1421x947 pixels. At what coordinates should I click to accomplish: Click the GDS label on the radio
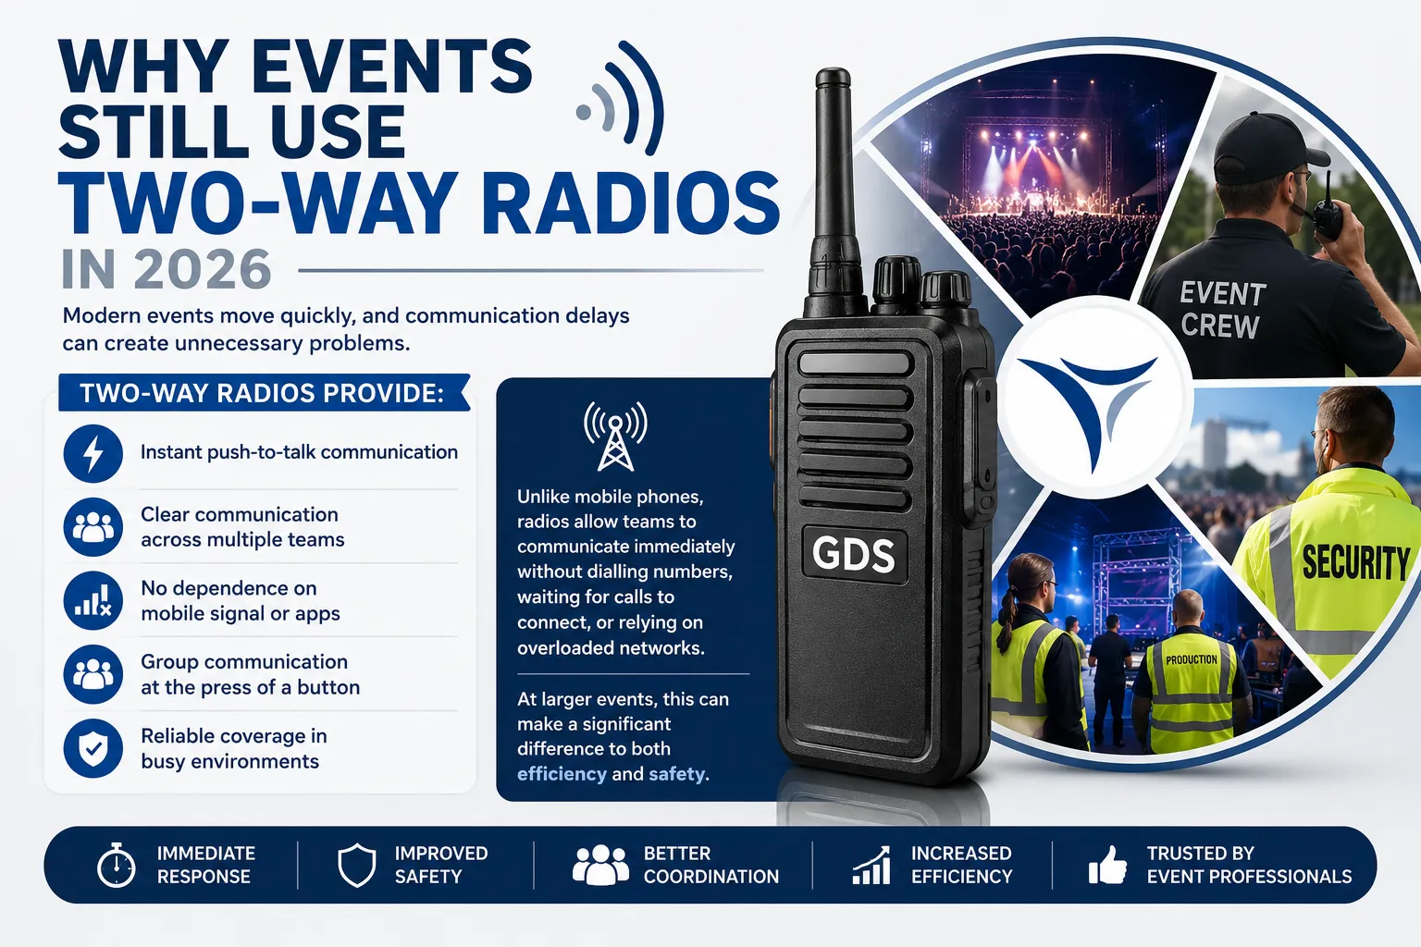click(853, 554)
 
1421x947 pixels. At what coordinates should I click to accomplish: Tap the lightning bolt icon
click(93, 453)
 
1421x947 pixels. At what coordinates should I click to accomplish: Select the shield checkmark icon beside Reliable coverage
click(93, 748)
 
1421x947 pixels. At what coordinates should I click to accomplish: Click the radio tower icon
click(615, 436)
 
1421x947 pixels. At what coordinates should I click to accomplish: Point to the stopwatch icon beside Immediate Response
click(116, 864)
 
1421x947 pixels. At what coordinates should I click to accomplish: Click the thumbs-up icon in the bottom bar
click(1107, 865)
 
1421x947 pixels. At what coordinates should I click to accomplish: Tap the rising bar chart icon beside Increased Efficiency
click(871, 866)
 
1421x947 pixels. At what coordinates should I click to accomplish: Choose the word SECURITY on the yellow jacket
click(1355, 562)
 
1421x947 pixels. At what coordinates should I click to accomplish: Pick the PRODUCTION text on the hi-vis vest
click(1192, 659)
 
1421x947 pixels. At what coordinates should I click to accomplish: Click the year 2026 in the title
click(203, 269)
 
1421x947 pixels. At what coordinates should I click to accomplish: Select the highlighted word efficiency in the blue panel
click(562, 774)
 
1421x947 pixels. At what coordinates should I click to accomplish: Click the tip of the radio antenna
click(833, 70)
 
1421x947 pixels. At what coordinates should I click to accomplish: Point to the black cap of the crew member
click(1265, 148)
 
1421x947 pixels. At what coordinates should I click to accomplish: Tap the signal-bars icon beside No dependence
click(93, 601)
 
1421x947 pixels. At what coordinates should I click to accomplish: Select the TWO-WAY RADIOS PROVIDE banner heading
click(262, 393)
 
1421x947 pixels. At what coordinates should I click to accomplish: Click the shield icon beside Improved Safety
click(356, 865)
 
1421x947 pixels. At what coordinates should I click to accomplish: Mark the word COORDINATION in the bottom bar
click(711, 876)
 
